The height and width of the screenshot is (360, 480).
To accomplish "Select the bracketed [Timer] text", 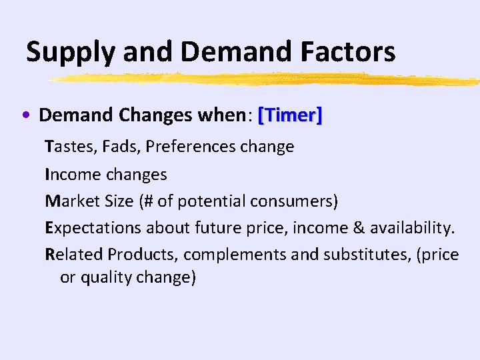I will [290, 115].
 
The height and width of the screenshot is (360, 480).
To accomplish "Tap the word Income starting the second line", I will [74, 174].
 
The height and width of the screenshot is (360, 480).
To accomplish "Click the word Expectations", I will [93, 228].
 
